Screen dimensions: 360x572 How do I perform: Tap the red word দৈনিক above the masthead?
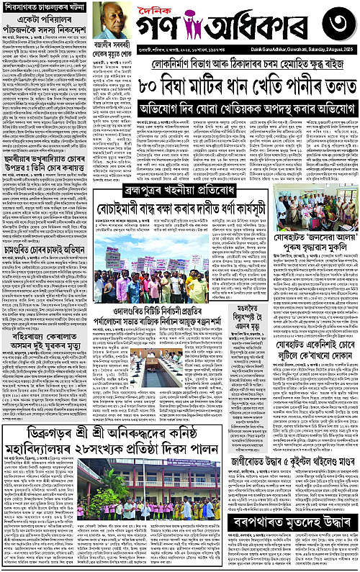click(155, 9)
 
